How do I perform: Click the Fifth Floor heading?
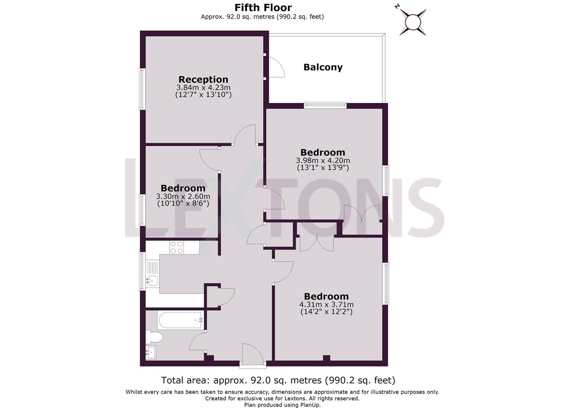click(263, 8)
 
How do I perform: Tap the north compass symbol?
click(412, 21)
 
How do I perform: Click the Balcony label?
click(323, 67)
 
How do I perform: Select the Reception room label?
click(203, 80)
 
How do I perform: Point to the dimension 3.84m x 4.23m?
click(203, 88)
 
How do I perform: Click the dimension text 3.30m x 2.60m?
click(183, 196)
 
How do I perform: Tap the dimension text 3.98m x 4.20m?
click(323, 161)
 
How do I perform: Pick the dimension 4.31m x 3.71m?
click(326, 304)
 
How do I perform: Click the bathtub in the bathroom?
click(180, 320)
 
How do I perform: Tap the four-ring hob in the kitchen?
click(177, 247)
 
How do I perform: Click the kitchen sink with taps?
click(152, 281)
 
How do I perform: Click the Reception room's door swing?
click(245, 135)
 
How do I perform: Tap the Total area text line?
click(278, 380)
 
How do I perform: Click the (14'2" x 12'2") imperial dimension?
click(326, 312)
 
